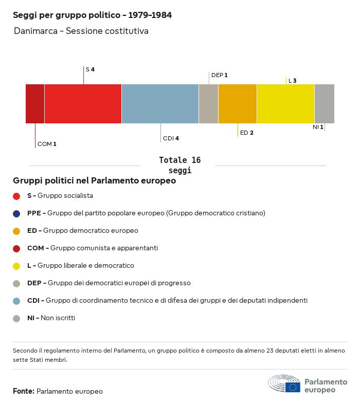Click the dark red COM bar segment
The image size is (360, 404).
point(35,104)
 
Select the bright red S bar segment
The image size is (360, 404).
point(83,104)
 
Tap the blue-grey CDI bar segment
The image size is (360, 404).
point(160,104)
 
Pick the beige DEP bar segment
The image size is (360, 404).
point(208,104)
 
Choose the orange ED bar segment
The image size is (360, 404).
point(238,104)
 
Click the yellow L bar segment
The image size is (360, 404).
point(285,104)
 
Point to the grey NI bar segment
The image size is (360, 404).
point(324,104)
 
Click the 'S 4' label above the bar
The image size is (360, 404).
point(90,69)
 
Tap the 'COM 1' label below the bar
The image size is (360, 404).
point(47,144)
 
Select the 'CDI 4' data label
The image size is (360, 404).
point(171,138)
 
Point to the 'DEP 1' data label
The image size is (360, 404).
point(219,75)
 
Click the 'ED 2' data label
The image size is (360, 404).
point(247,133)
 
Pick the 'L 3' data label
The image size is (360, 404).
point(292,81)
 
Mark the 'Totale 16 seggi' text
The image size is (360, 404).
point(179,165)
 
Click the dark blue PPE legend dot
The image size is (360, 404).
point(16,213)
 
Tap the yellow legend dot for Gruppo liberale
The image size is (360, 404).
point(16,266)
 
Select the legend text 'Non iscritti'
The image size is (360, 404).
point(58,318)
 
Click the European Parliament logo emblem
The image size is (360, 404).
point(284,384)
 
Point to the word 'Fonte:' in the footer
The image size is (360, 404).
point(24,391)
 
